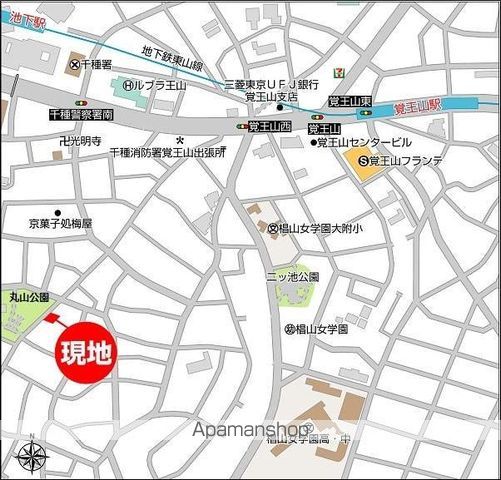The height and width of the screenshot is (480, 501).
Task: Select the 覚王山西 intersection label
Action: [x=269, y=127]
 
